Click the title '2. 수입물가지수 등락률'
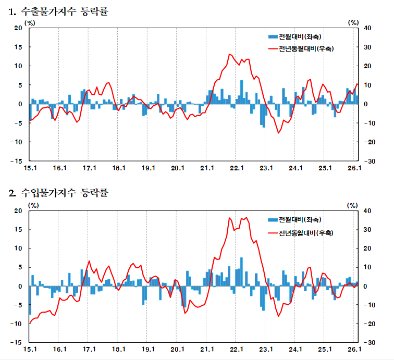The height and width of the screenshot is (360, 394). [x=58, y=194]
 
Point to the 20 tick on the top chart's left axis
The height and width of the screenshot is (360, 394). [x=18, y=28]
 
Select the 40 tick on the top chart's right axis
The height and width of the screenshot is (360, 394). [x=367, y=28]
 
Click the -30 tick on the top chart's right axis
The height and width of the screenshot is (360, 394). [x=368, y=161]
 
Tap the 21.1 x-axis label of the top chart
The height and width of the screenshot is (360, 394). [x=207, y=168]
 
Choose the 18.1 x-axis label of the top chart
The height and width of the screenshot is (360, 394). [x=119, y=168]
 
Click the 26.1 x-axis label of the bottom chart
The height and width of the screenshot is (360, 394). [x=355, y=350]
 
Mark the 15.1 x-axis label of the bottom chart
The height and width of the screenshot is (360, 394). [x=30, y=350]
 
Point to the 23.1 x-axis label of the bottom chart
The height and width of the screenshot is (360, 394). [x=266, y=350]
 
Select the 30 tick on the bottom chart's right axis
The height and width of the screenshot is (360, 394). [x=367, y=230]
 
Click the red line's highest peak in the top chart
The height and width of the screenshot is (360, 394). [x=230, y=54]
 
